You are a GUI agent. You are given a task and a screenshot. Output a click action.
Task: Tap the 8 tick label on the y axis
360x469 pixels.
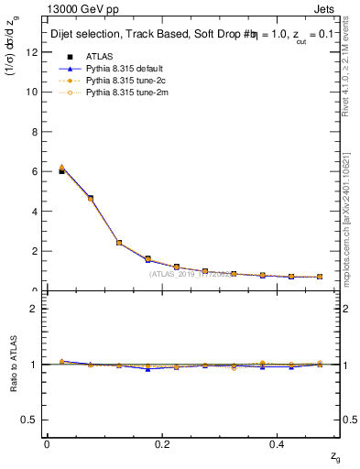[x=34, y=131]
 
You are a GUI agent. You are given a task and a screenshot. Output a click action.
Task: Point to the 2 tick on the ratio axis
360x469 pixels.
[x=34, y=309]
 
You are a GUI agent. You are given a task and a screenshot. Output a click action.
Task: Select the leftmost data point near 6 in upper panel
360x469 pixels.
[x=61, y=169]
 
